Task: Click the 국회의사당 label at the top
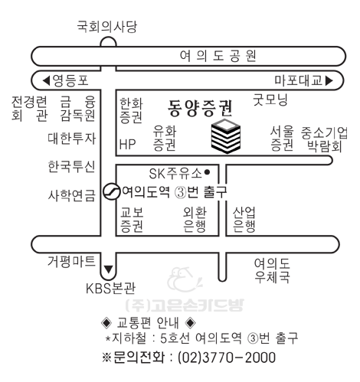[107, 27]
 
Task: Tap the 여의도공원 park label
[218, 56]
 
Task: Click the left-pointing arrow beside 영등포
[46, 80]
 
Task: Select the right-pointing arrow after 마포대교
[329, 80]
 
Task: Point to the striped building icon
[226, 136]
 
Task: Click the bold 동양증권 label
[200, 108]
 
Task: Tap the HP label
[127, 144]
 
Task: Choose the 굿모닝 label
[270, 100]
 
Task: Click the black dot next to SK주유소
[208, 172]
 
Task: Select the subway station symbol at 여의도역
[111, 191]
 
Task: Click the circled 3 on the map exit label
[181, 192]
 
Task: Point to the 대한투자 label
[72, 139]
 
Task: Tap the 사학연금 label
[72, 196]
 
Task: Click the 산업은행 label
[244, 220]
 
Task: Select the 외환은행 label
[195, 220]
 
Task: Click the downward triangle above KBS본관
[109, 269]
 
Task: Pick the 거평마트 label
[71, 261]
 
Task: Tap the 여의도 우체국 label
[272, 270]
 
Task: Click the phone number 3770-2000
[239, 358]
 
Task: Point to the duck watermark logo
[185, 279]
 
